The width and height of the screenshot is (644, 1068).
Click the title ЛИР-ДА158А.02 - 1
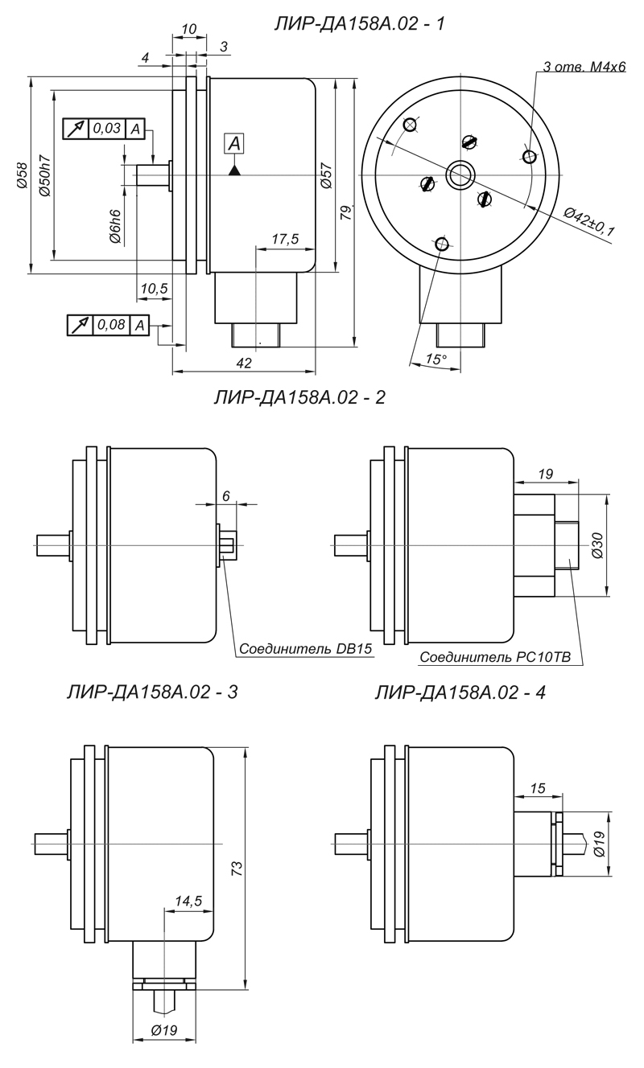click(x=361, y=25)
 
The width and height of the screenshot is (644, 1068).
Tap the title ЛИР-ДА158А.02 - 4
click(x=460, y=691)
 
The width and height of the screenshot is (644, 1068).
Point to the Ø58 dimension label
click(x=22, y=175)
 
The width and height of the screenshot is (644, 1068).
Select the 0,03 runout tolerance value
click(x=106, y=129)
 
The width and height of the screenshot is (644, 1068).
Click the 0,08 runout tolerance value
click(x=111, y=325)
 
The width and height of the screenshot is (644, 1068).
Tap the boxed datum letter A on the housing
click(x=234, y=144)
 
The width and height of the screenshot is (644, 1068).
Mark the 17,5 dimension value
click(x=285, y=239)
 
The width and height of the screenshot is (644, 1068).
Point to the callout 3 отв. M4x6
click(x=584, y=67)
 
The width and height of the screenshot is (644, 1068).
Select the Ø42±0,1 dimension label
click(x=588, y=222)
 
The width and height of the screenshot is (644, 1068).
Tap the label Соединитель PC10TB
click(x=495, y=657)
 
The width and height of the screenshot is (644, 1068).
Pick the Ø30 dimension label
click(x=597, y=545)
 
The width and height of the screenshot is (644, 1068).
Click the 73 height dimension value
click(x=236, y=868)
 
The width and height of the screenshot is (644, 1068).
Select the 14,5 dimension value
click(x=188, y=902)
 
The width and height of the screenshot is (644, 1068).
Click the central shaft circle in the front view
click(x=460, y=172)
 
